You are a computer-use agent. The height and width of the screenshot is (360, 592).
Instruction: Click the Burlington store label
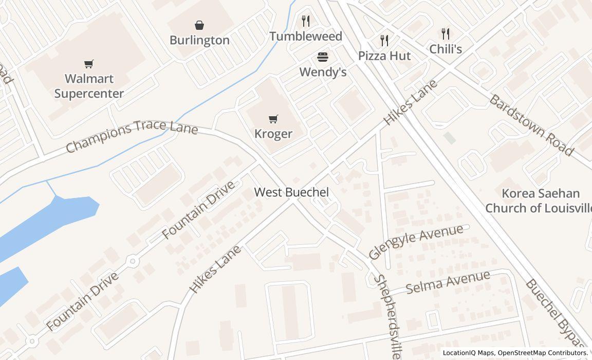[x=199, y=40]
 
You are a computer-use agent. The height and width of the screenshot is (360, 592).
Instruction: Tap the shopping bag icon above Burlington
[x=199, y=25]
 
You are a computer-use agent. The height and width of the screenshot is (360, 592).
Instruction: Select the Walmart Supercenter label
[x=89, y=86]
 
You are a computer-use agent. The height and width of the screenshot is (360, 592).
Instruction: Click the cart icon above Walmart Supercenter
[x=89, y=64]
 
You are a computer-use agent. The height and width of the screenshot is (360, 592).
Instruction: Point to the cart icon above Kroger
[x=273, y=119]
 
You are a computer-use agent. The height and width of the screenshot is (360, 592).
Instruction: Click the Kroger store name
[x=273, y=134]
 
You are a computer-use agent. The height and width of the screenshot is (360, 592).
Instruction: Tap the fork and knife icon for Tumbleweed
[x=306, y=21]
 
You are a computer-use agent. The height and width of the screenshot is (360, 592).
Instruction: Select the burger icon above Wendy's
[x=323, y=57]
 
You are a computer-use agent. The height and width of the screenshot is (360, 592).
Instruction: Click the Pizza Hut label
[x=384, y=56]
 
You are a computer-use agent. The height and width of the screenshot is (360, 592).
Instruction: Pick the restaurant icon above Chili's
[x=446, y=34]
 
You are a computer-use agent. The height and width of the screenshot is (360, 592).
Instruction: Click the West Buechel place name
[x=291, y=192]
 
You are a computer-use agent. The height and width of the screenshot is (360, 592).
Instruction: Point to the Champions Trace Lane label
[x=132, y=136]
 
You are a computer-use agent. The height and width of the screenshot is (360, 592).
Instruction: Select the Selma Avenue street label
[x=448, y=282]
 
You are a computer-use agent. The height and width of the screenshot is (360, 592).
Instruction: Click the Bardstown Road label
[x=530, y=125]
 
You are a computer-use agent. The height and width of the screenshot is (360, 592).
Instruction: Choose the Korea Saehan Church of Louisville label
[x=540, y=201]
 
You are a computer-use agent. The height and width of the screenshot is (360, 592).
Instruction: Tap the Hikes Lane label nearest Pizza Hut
[x=411, y=102]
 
